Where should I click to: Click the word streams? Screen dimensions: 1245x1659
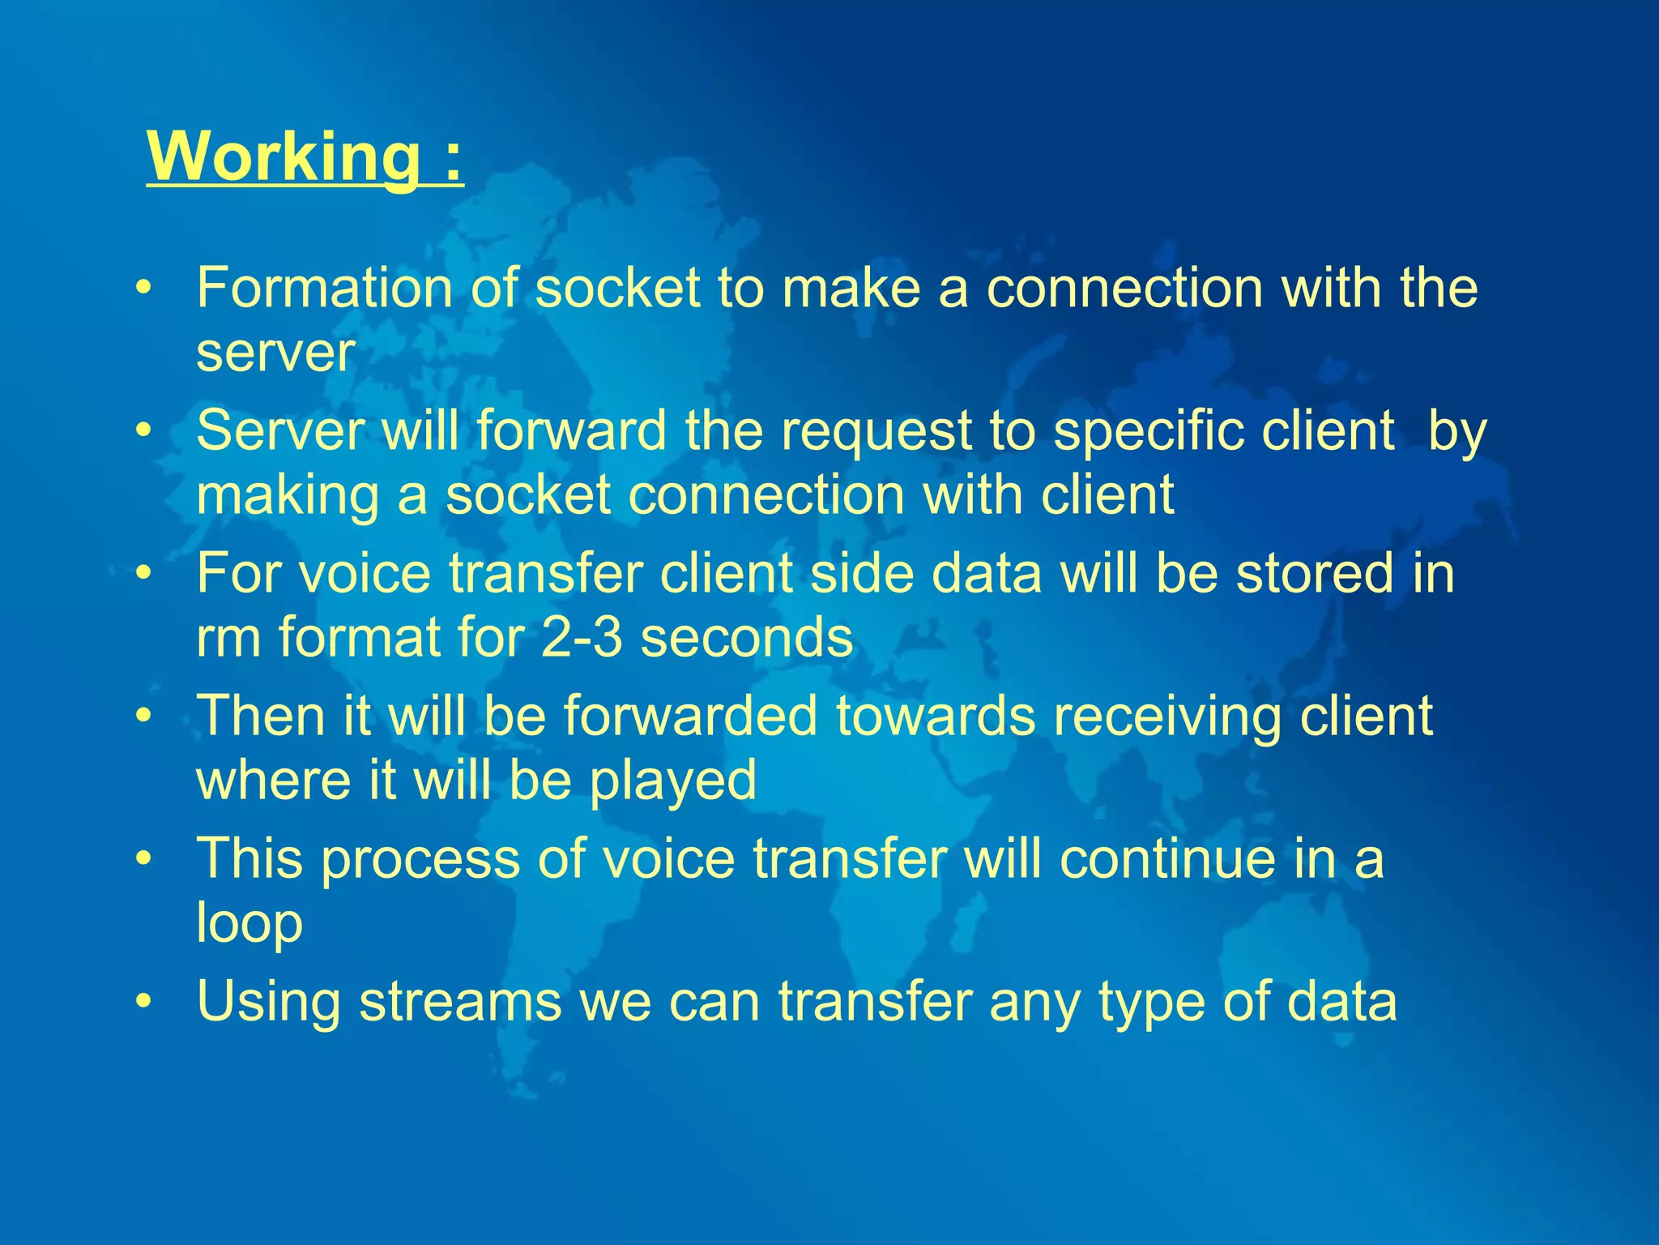[460, 1001]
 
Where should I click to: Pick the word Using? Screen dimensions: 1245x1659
[268, 1003]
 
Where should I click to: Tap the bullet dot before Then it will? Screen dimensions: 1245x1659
[144, 717]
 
